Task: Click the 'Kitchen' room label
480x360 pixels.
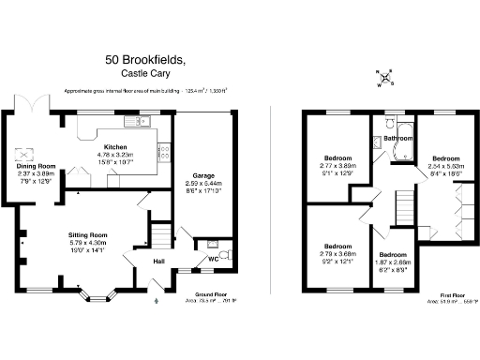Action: tap(115, 148)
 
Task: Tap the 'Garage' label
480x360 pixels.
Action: tap(204, 175)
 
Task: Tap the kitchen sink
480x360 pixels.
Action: tap(132, 122)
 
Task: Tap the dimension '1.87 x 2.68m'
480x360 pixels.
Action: tap(392, 263)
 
